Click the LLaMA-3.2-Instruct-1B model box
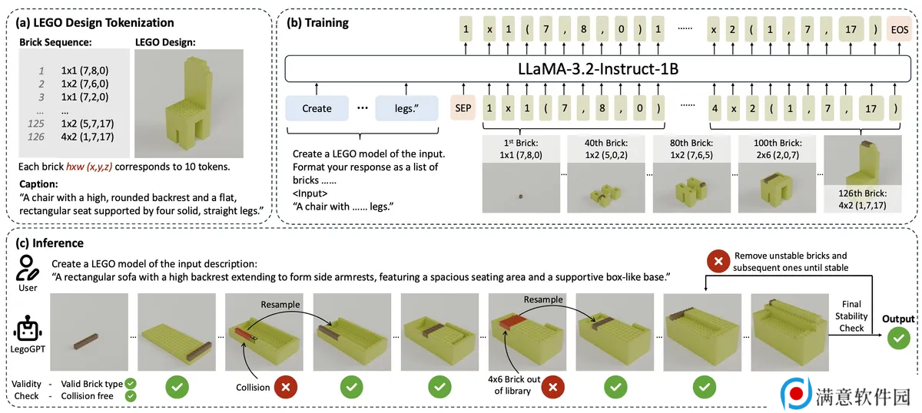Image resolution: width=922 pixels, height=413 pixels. [598, 68]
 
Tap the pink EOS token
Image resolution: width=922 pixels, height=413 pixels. [900, 29]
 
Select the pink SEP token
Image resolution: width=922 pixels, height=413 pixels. [463, 107]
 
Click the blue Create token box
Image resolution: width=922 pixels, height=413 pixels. [317, 108]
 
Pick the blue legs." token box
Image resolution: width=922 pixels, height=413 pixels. [406, 108]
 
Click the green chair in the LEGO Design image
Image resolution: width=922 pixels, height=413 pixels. [189, 105]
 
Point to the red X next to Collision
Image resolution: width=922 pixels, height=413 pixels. [286, 387]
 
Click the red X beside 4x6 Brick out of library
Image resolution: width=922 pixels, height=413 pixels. [552, 387]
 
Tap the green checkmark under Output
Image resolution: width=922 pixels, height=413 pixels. [898, 338]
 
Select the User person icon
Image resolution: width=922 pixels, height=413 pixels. [27, 268]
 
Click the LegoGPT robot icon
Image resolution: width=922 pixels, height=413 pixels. [27, 329]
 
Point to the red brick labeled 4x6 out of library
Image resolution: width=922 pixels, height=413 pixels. [513, 322]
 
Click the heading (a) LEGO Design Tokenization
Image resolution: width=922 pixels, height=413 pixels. [95, 22]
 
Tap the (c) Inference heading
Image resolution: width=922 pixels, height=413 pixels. [49, 243]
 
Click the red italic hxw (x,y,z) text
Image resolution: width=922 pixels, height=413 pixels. [89, 167]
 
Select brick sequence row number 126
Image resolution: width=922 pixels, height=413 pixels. [36, 137]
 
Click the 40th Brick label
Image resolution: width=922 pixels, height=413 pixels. [606, 143]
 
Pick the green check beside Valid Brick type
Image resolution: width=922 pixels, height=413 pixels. [131, 383]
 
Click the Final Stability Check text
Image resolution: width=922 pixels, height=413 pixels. [851, 316]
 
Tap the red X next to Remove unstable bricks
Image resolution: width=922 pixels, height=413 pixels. [718, 261]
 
